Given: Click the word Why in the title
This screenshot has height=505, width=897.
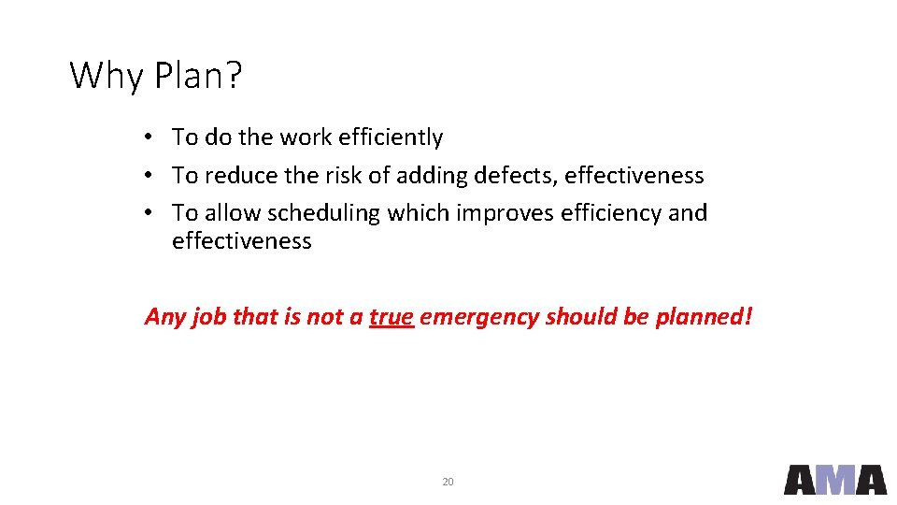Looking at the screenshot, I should (103, 75).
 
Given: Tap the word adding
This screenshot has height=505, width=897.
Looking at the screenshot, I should (433, 175).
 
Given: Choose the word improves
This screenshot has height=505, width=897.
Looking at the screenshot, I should (505, 213).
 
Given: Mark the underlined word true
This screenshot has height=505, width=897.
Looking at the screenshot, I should (392, 317).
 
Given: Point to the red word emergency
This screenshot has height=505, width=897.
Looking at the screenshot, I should (479, 317).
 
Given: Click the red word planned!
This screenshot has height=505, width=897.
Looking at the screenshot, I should (703, 317).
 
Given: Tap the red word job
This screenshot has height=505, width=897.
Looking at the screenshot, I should (208, 317).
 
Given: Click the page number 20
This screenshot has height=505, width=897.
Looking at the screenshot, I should (448, 482).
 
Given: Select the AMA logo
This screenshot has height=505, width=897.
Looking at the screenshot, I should (834, 480).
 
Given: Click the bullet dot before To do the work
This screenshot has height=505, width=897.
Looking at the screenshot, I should (149, 138).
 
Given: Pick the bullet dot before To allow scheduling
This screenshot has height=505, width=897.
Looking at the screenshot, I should (149, 214).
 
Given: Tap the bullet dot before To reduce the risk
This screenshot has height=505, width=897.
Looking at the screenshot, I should (149, 176).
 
